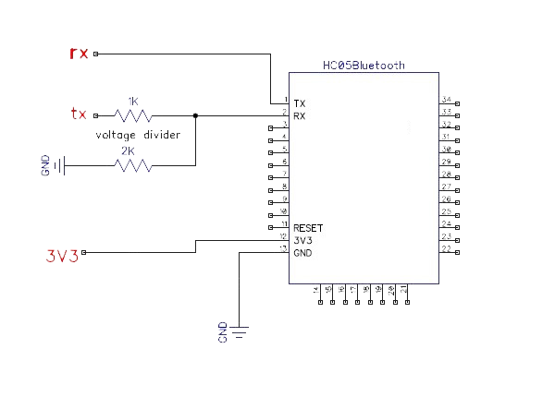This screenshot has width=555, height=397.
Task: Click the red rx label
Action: point(79,53)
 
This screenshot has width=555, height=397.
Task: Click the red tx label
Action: point(79,114)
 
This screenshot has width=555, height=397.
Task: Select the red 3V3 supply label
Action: point(62,256)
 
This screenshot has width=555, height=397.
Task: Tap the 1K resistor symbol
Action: point(133,115)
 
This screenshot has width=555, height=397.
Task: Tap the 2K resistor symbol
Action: point(133,166)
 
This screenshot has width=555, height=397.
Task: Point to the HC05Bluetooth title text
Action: point(364,66)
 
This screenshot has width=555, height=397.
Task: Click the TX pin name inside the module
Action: point(300,102)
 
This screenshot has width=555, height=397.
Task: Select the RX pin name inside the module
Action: point(300,116)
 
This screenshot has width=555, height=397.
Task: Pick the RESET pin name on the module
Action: point(308,227)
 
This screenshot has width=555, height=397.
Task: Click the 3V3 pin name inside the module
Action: point(302,240)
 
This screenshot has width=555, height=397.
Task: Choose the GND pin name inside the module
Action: point(302,253)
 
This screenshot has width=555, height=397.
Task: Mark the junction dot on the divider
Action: point(195,115)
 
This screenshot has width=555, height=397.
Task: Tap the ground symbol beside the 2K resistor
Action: point(59,166)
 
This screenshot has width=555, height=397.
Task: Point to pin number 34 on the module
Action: point(447,99)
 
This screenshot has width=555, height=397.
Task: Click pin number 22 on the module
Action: point(447,249)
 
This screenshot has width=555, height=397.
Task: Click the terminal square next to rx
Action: point(95,54)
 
